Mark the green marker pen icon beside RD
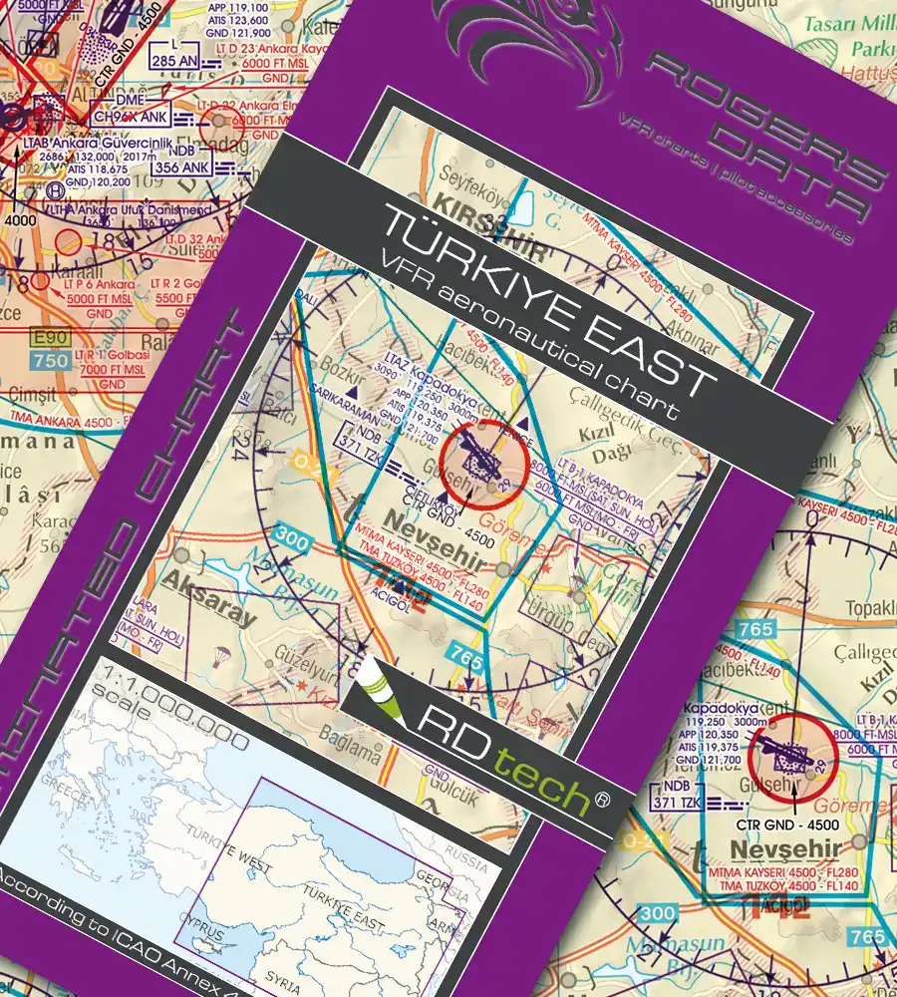(x=377, y=688)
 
